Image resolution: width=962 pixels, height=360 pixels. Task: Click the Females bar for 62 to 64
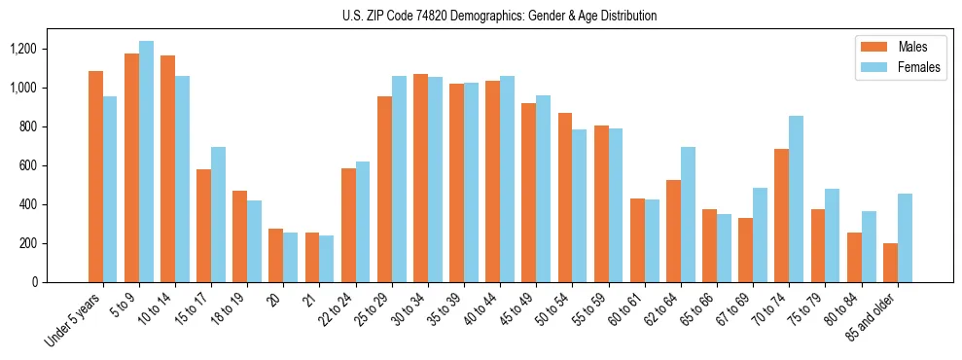[688, 214]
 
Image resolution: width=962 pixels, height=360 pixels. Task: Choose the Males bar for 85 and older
[890, 263]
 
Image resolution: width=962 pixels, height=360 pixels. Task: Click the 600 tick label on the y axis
[27, 165]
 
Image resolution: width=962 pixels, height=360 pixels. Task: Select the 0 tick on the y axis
[35, 282]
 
